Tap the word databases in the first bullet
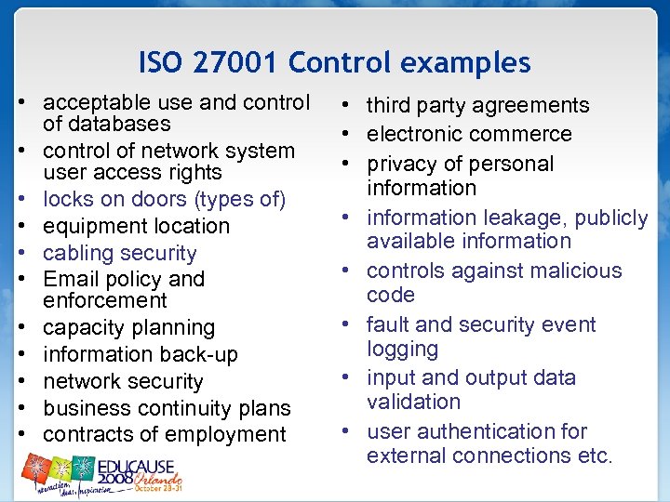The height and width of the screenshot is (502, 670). [107, 124]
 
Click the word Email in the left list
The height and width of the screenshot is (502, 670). [72, 279]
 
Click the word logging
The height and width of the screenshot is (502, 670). [402, 349]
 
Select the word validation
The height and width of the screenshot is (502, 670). [413, 402]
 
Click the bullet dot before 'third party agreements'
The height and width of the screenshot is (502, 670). [345, 105]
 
